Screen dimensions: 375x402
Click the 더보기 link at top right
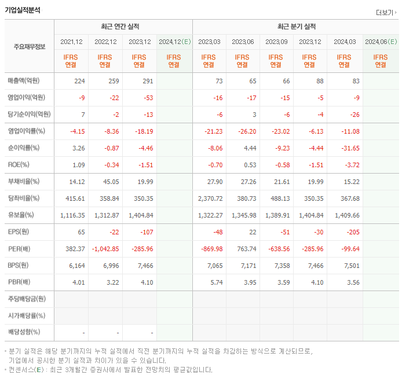[x=386, y=12]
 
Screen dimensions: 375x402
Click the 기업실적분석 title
[x=23, y=10]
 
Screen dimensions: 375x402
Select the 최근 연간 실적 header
[x=123, y=27]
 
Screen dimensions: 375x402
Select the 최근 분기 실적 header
[x=296, y=27]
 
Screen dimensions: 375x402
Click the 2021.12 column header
[x=71, y=42]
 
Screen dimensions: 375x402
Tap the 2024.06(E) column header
[x=381, y=42]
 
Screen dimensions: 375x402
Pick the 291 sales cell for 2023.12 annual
[x=147, y=81]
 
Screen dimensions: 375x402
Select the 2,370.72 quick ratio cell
[x=209, y=198]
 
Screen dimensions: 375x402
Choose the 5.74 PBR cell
[x=215, y=282]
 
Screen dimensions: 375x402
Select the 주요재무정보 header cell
[x=30, y=47]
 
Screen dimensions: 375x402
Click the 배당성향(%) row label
[x=24, y=332]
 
